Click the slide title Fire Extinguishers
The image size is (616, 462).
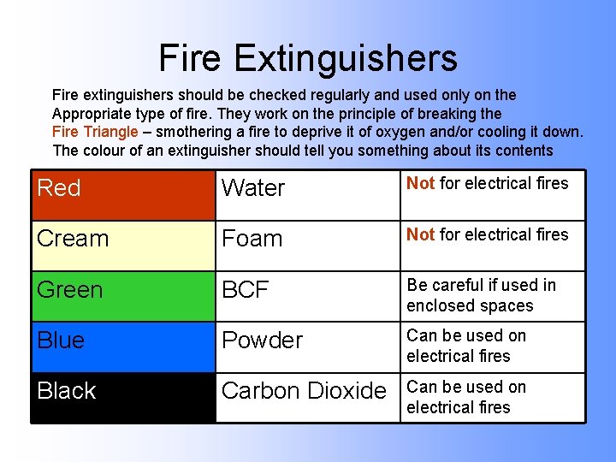pos(308,58)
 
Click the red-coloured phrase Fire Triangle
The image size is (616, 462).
pos(95,132)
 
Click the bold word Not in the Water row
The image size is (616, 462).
pos(420,183)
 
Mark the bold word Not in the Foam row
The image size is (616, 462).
pos(420,234)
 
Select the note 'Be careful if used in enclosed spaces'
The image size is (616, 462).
pos(481,295)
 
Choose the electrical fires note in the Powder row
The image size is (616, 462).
pos(466,346)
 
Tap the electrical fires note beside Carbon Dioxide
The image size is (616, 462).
pos(466,397)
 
